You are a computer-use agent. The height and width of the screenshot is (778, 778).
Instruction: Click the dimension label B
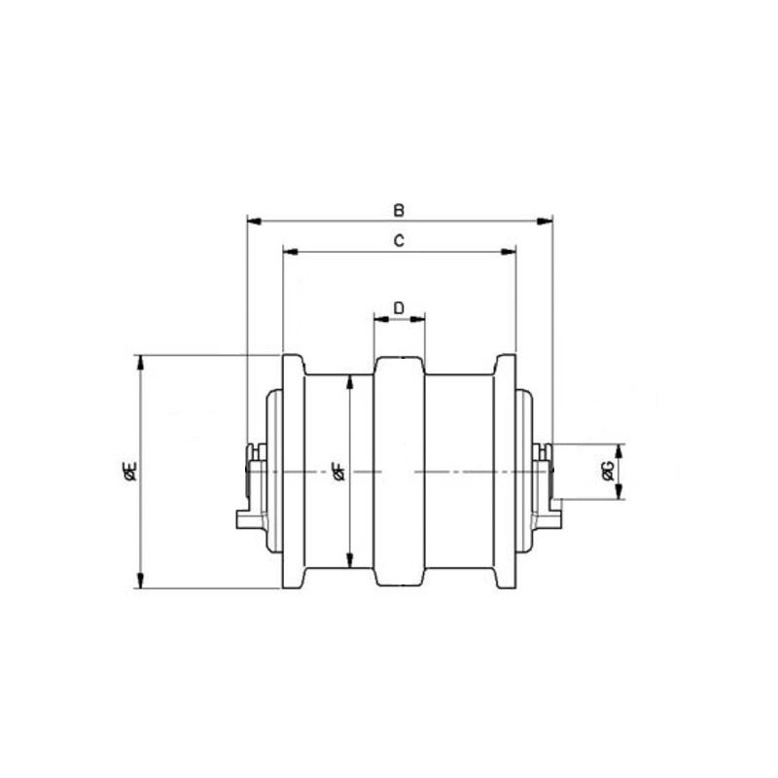[x=399, y=210]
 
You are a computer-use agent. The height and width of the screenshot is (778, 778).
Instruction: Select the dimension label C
[x=399, y=241]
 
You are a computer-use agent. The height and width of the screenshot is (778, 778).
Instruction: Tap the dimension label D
[x=399, y=308]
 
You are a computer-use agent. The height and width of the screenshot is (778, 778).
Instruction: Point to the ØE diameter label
[x=130, y=471]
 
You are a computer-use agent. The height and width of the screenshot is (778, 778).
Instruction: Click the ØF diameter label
[x=338, y=471]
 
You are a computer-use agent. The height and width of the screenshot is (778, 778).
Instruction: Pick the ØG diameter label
[x=609, y=471]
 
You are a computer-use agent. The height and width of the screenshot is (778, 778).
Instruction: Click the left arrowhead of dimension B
[x=254, y=221]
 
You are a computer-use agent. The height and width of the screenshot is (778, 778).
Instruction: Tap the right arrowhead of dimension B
[x=546, y=221]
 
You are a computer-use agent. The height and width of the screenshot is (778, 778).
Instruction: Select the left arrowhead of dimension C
[x=290, y=252]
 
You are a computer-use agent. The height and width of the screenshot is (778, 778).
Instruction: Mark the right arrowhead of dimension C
[x=509, y=252]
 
